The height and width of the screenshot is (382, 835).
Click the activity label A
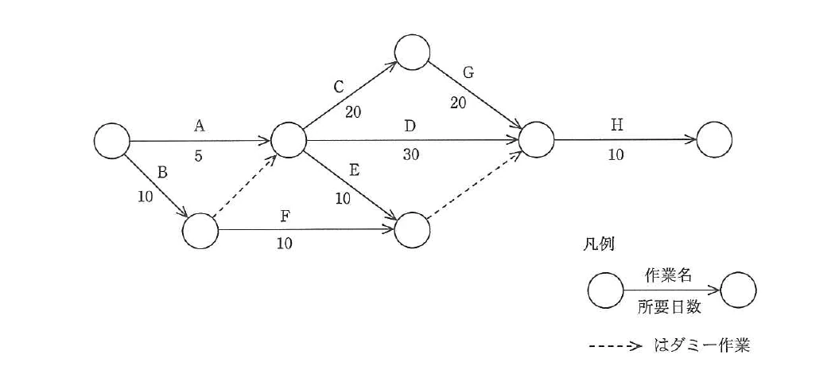click(200, 126)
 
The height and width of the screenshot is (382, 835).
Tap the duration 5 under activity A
click(199, 157)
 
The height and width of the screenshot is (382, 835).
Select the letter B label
click(164, 173)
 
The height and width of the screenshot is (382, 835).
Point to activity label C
click(339, 88)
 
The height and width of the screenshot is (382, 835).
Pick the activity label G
click(468, 73)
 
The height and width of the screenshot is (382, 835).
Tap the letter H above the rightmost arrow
click(616, 125)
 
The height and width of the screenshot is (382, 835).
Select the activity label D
click(410, 127)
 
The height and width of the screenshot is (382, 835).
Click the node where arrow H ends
click(713, 140)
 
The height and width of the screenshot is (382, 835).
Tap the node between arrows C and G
click(412, 53)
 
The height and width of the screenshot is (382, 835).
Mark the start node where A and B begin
click(112, 141)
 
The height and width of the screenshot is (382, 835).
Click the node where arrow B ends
click(200, 231)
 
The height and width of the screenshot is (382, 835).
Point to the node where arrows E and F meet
click(412, 230)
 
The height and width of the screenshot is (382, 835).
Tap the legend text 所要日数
click(670, 308)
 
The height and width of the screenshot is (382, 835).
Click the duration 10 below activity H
click(616, 154)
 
